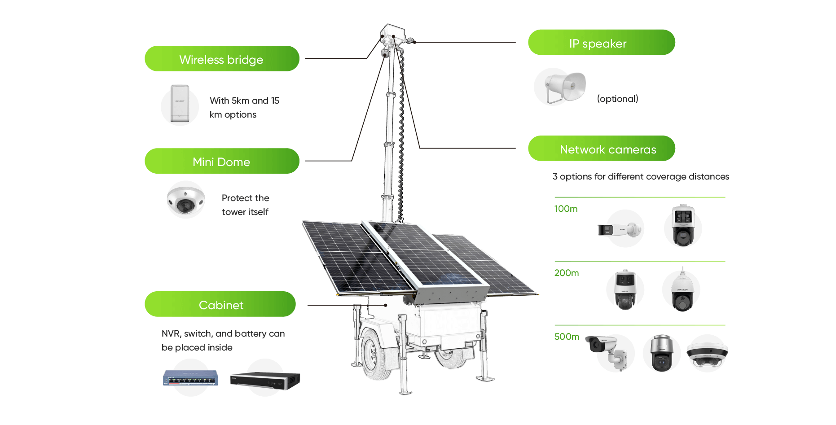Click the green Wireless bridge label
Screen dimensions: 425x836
[222, 59]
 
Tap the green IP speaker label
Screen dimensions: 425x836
[601, 43]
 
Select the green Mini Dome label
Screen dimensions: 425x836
[222, 161]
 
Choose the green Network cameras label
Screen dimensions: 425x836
[601, 149]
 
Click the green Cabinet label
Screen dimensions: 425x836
[220, 304]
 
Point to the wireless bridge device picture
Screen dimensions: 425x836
[180, 104]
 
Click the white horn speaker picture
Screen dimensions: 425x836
[564, 86]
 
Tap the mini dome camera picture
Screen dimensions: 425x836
[186, 200]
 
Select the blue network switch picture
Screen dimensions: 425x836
[191, 378]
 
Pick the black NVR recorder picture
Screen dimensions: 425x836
[265, 380]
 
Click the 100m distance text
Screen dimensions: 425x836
[566, 209]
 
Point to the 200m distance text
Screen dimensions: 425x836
[567, 273]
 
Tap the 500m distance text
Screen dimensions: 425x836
[567, 337]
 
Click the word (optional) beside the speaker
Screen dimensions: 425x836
[617, 99]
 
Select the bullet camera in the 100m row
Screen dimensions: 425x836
[618, 230]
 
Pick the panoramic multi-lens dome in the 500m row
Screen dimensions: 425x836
[707, 353]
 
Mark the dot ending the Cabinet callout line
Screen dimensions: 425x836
[386, 305]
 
